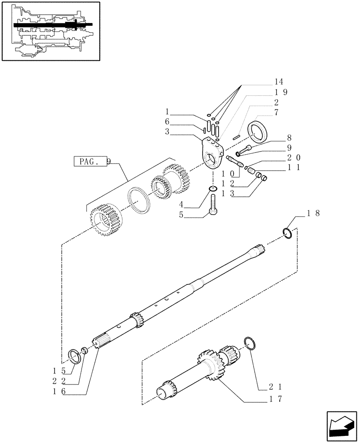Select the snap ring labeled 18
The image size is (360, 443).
coord(287,233)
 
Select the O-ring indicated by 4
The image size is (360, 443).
coord(213,190)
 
